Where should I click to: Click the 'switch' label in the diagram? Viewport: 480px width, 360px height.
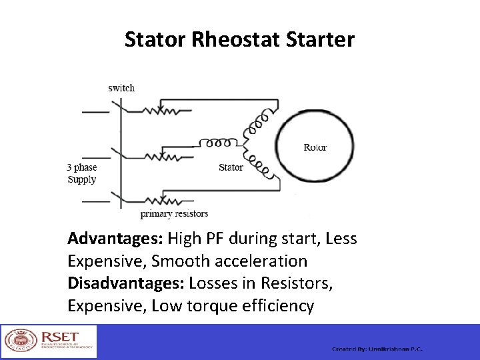click(121, 88)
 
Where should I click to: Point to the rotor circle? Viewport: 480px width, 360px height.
click(315, 147)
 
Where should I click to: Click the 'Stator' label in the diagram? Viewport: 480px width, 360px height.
click(231, 167)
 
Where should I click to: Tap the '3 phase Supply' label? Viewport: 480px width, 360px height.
click(82, 174)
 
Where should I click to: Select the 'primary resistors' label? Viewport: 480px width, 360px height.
click(174, 214)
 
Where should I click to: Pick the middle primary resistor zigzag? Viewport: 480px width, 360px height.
click(160, 157)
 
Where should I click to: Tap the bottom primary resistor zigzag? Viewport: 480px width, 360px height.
click(160, 199)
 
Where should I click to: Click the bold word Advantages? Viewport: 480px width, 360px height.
click(115, 239)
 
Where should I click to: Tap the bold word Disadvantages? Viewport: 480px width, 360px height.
click(126, 283)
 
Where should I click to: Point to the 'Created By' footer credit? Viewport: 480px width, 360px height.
click(377, 349)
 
